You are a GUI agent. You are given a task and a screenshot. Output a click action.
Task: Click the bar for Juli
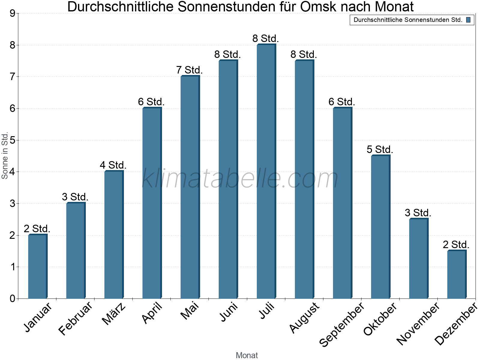[266, 171]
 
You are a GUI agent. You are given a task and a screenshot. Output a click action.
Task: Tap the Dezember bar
[457, 274]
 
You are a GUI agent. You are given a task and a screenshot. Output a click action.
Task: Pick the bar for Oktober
[380, 227]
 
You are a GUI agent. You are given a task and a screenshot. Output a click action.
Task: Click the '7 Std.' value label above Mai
[190, 70]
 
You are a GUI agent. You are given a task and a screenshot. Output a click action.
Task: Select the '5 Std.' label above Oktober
[380, 149]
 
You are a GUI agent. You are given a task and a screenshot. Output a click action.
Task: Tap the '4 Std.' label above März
[113, 165]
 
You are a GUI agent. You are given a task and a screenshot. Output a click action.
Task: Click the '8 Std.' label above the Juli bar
[266, 39]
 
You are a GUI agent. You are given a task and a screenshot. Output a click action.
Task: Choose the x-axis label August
[305, 317]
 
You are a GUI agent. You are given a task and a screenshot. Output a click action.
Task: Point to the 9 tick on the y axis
[12, 13]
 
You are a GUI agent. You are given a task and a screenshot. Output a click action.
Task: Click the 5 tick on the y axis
[12, 140]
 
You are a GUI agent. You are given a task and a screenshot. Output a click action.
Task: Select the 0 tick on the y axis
[12, 298]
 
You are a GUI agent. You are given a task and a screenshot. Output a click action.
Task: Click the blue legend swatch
[468, 20]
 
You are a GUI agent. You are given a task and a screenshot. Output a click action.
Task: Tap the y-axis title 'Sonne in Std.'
[5, 155]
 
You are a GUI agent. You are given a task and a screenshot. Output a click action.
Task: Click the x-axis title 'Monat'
[247, 355]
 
